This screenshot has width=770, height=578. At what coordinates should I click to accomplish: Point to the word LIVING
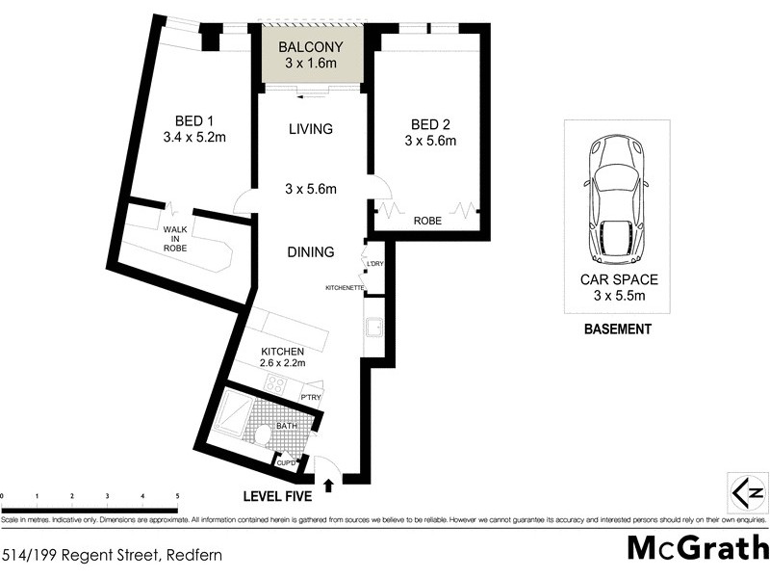[311, 129]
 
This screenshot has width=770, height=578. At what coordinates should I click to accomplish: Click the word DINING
[310, 252]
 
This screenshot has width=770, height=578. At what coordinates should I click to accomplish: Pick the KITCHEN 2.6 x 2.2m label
[282, 357]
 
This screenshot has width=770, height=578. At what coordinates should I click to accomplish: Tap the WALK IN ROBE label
[174, 239]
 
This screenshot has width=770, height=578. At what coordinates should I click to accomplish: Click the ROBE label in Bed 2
[427, 221]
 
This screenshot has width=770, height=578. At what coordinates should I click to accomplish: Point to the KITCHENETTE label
[344, 287]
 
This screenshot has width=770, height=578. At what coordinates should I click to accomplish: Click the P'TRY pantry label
[310, 397]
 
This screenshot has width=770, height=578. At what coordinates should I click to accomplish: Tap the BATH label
[287, 425]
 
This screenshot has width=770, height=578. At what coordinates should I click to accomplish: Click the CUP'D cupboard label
[287, 462]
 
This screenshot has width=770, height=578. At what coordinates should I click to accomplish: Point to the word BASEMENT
[618, 328]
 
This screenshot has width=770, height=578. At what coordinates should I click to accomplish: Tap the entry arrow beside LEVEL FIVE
[329, 485]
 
